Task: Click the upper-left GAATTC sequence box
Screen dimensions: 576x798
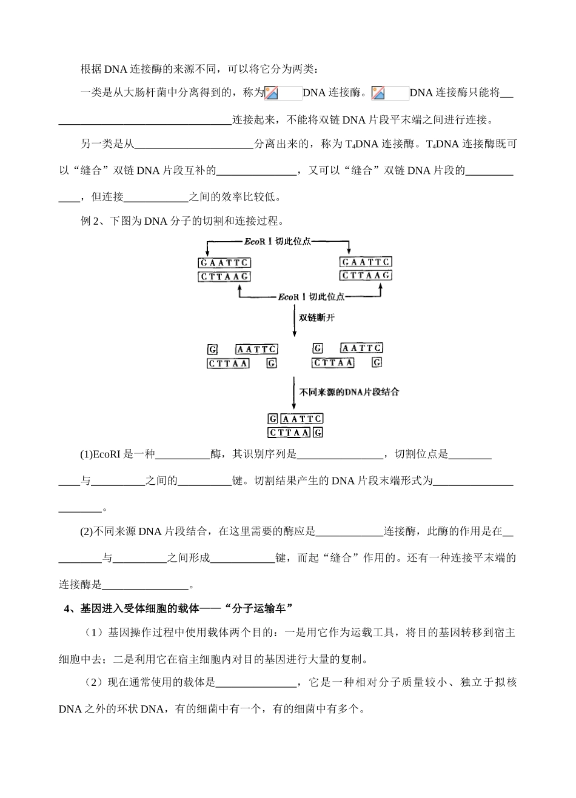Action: pos(224,263)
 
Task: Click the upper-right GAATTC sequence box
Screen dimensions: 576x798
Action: pos(366,262)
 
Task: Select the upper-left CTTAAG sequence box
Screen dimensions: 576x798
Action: pos(224,277)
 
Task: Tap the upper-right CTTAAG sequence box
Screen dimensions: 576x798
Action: pos(366,276)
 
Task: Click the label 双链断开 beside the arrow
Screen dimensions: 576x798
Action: pos(316,318)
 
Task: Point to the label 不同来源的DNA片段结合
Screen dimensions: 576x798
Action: pos(349,392)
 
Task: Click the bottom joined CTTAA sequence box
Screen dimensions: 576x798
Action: pos(289,433)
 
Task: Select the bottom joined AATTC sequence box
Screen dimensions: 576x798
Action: pos(302,419)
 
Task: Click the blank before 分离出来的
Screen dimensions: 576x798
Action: pos(193,145)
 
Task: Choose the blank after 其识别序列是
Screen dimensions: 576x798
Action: pos(340,454)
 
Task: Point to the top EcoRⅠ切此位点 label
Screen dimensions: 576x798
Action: pos(278,241)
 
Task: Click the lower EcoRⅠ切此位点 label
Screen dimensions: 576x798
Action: pos(311,297)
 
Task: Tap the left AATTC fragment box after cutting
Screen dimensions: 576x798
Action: pos(256,350)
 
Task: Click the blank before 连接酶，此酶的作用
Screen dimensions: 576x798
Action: pos(349,532)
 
